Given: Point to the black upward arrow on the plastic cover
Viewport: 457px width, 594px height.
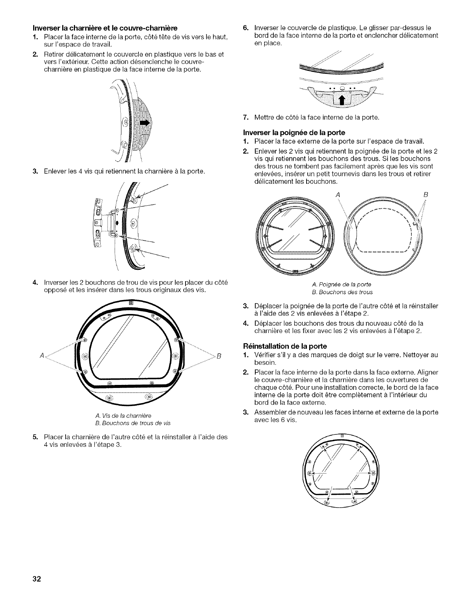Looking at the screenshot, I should click(x=342, y=100).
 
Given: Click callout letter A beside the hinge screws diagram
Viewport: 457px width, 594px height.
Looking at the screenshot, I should click(x=41, y=356).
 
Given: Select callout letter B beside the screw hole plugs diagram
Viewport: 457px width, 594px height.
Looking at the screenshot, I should click(x=218, y=356).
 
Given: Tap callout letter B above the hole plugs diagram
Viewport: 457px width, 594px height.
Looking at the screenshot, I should click(x=425, y=195).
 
